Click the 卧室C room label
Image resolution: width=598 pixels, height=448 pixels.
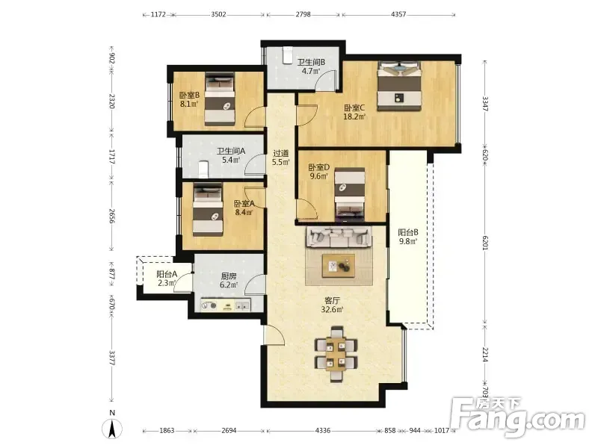(x=354, y=108)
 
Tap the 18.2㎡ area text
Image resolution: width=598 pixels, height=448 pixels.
(x=354, y=116)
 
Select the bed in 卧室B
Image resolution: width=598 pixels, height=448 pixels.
(x=219, y=99)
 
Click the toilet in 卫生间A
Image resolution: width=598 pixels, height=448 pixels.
(x=203, y=169)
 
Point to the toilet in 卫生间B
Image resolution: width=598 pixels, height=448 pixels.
(x=287, y=56)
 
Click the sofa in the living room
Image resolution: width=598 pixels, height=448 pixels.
(x=338, y=237)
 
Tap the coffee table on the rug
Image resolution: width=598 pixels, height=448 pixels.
(x=339, y=266)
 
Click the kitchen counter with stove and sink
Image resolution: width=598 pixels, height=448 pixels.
(x=226, y=305)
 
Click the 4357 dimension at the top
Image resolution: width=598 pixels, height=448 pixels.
(x=398, y=14)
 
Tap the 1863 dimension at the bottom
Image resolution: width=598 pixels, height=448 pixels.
(x=167, y=431)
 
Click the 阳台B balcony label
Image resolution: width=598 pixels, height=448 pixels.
(x=408, y=232)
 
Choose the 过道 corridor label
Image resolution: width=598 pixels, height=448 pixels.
(x=281, y=153)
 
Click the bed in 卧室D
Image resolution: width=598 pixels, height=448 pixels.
(x=350, y=195)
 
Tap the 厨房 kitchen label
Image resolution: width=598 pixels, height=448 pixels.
(x=229, y=276)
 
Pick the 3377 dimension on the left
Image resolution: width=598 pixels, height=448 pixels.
(x=111, y=358)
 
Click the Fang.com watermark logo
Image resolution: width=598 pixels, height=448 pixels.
(x=517, y=418)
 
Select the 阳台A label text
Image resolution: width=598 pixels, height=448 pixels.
(x=167, y=274)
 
